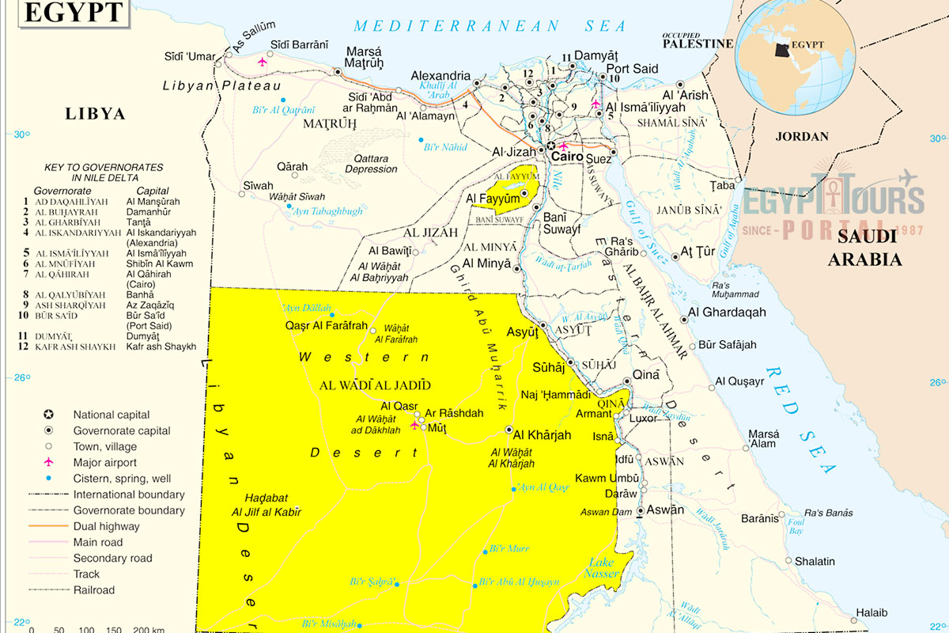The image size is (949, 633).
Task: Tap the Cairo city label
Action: click(x=567, y=157)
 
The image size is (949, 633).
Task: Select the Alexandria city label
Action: click(x=440, y=76)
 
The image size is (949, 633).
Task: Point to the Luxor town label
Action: click(x=642, y=418)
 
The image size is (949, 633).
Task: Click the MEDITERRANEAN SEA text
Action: click(x=490, y=26)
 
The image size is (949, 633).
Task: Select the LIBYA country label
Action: click(x=95, y=114)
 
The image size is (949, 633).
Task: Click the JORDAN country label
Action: click(x=802, y=136)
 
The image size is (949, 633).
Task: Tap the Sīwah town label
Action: click(x=257, y=186)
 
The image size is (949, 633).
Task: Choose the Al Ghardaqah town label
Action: click(x=727, y=313)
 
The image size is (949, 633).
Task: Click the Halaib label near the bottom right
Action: click(x=871, y=612)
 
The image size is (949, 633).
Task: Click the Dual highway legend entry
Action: click(x=106, y=526)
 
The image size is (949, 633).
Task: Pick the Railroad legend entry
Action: click(x=93, y=589)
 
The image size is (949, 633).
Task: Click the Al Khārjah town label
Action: click(x=542, y=435)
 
